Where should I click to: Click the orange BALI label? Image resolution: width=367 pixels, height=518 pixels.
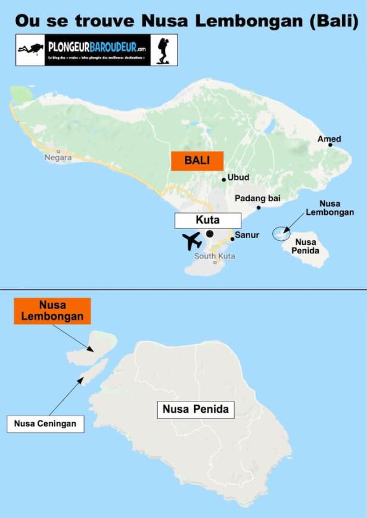[x=197, y=161]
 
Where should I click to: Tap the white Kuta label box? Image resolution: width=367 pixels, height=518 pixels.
[x=207, y=220]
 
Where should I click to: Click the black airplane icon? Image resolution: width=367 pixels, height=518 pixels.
[x=192, y=241]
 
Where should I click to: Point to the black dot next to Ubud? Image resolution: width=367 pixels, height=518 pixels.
[x=223, y=179]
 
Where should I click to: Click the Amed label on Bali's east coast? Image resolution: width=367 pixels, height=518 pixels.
[x=329, y=139]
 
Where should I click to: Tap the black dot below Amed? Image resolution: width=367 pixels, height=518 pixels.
[x=330, y=145]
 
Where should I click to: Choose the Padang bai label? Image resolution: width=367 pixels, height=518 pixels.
[x=257, y=197]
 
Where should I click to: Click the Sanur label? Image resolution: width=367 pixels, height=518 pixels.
[x=246, y=236]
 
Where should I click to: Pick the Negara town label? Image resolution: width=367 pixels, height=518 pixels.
[x=58, y=158]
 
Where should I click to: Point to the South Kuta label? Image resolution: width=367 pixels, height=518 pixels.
[x=214, y=256]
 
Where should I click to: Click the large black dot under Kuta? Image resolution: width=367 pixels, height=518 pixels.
[x=210, y=234]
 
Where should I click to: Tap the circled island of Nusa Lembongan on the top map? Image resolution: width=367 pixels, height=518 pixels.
[x=281, y=233]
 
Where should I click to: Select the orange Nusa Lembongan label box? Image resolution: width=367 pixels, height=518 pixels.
[x=52, y=310]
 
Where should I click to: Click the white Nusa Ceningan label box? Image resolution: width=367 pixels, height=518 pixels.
[x=46, y=424]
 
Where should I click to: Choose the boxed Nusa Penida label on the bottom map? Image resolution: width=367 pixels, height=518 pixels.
[x=195, y=410]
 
